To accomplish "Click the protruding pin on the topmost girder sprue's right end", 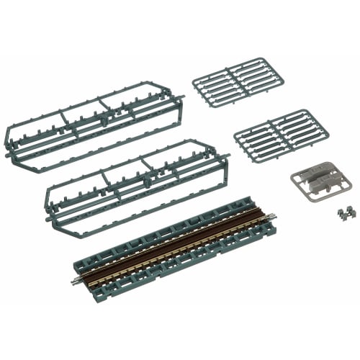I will [181, 96].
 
